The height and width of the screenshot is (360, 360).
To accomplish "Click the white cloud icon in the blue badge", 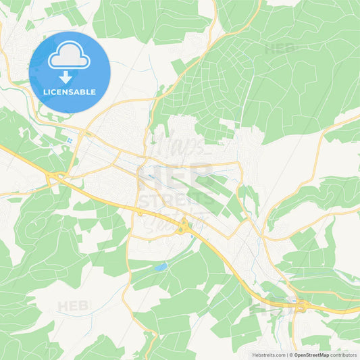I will pos(69,57).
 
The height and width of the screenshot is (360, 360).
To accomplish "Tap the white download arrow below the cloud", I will pos(69,76).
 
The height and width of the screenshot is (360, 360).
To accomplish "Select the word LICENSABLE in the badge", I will pos(70,92).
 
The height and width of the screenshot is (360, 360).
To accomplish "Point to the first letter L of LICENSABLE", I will pos(45,92).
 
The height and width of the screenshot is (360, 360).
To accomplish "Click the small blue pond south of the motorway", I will pos(160,267).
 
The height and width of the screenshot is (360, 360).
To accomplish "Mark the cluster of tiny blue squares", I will pos(70,140).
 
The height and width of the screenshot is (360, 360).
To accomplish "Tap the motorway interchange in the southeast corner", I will pos(300,307).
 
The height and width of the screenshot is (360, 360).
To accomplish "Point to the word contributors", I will pos(344,355).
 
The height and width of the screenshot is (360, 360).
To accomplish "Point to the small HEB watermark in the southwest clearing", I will pos(73,305).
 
